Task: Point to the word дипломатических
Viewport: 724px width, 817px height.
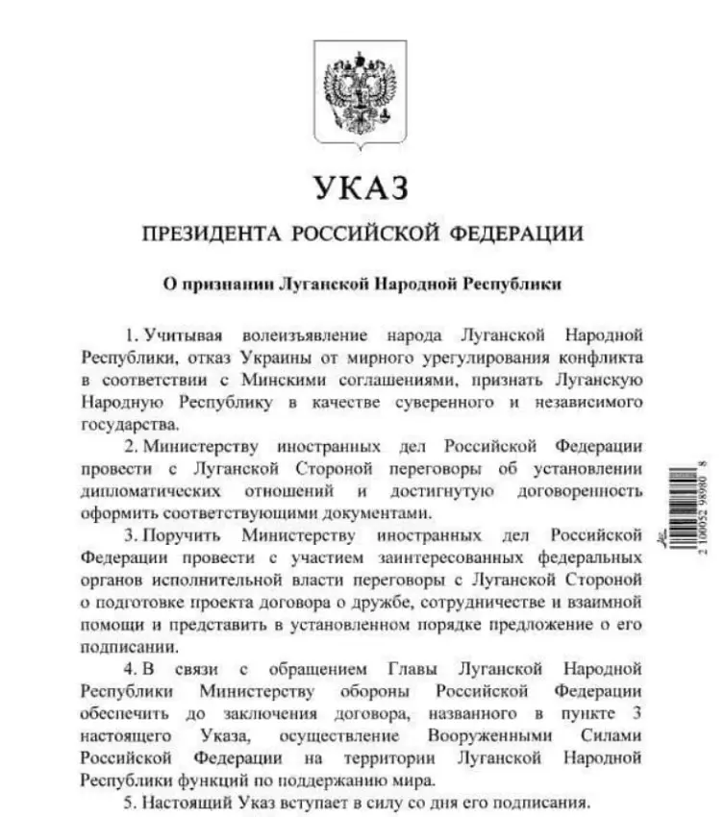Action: (144, 491)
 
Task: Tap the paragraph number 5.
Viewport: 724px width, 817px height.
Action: (128, 803)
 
